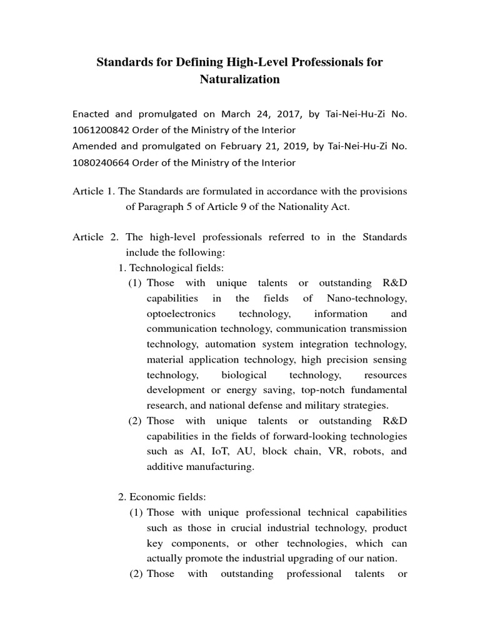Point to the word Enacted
(x=91, y=114)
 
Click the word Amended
(x=94, y=147)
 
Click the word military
(x=332, y=405)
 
